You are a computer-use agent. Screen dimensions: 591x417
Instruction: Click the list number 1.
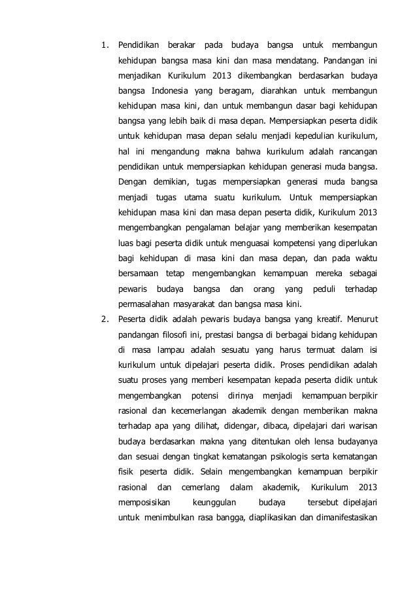103,46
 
